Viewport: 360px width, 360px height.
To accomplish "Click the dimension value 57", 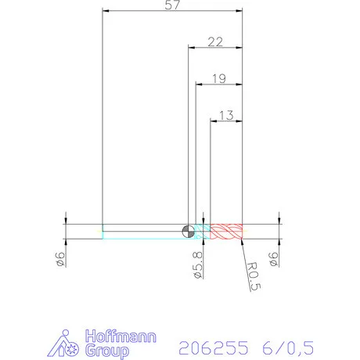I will click(171, 6).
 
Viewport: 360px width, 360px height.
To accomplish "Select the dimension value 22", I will click(215, 41).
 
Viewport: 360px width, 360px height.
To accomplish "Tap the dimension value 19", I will click(218, 78).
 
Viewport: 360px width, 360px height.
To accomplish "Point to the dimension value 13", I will click(227, 115).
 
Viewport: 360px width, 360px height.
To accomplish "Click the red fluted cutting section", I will click(227, 231).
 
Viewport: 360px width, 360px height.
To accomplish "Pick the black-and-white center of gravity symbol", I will click(187, 230).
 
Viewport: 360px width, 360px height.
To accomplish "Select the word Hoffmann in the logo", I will click(121, 337).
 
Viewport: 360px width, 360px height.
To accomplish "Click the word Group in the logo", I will click(109, 351).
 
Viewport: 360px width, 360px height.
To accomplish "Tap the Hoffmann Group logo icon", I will click(69, 344).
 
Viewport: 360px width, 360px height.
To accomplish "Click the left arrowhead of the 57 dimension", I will click(106, 12).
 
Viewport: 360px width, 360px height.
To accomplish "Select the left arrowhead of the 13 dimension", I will click(215, 121).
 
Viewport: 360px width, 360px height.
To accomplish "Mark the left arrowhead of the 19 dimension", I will click(197, 85).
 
